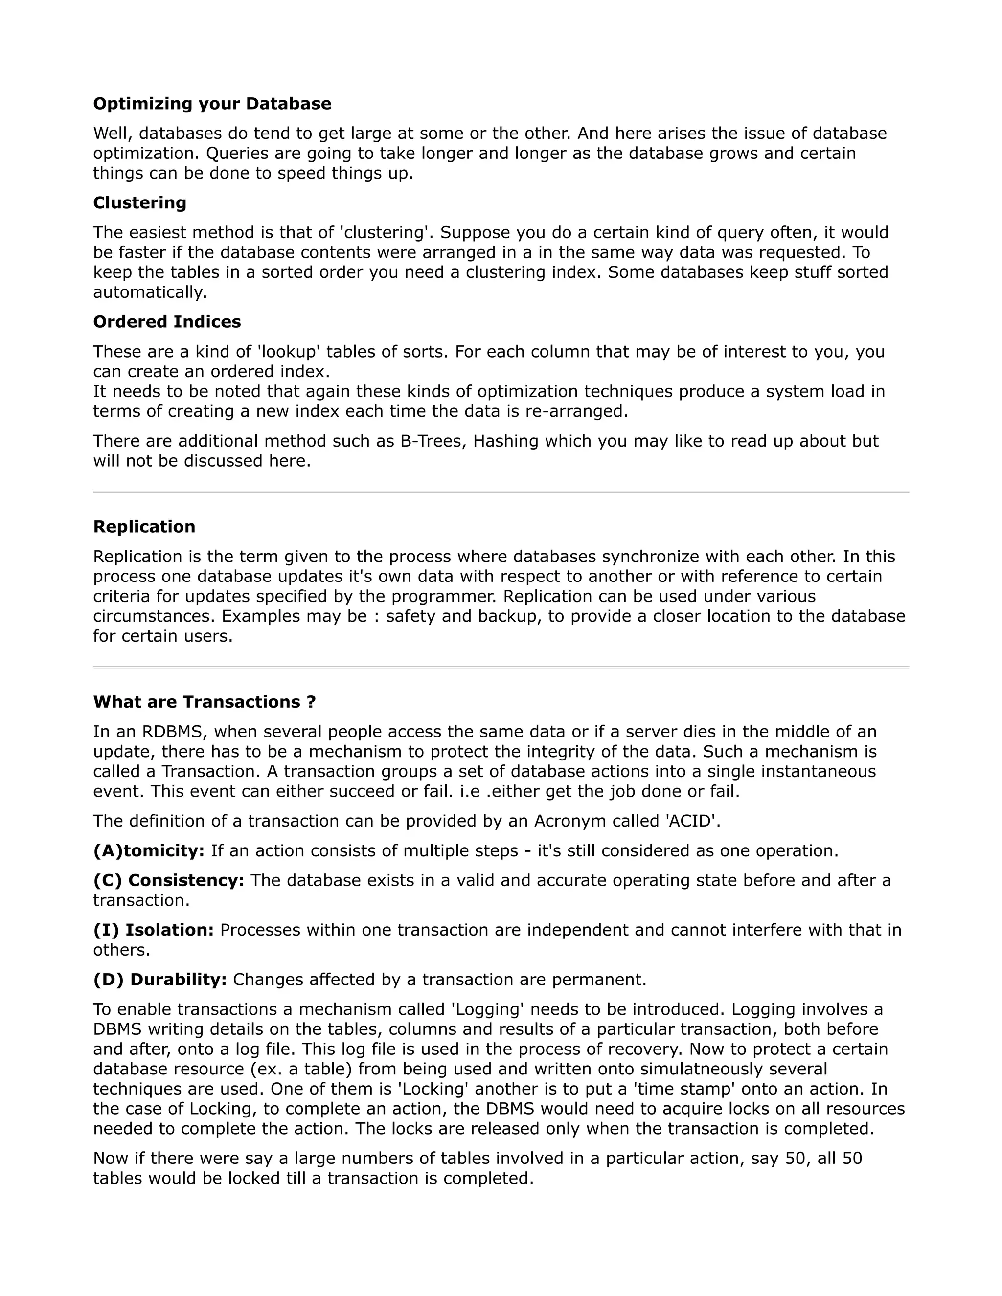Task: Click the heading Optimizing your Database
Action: [212, 104]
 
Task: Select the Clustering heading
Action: [139, 203]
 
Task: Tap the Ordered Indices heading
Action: [167, 322]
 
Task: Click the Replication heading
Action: [144, 527]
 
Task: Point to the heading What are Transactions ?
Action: [204, 702]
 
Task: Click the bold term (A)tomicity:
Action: [148, 851]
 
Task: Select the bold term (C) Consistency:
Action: [169, 881]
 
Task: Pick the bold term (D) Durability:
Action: [159, 980]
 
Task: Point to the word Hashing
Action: [510, 442]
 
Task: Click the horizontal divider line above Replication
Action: [501, 492]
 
